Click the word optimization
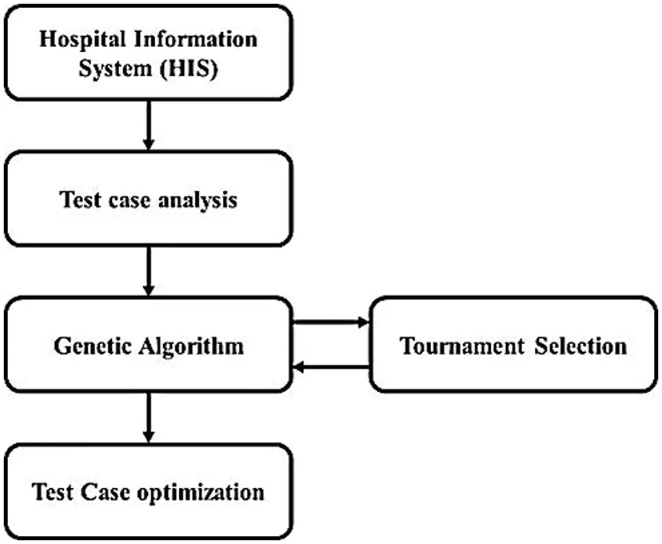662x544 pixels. [201, 491]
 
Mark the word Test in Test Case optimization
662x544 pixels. [51, 490]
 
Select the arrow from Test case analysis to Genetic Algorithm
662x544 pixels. [149, 270]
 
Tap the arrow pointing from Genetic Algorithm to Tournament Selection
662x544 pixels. [330, 322]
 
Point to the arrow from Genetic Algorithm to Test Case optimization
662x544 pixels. [149, 416]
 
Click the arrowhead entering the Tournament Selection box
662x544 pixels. [363, 322]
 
